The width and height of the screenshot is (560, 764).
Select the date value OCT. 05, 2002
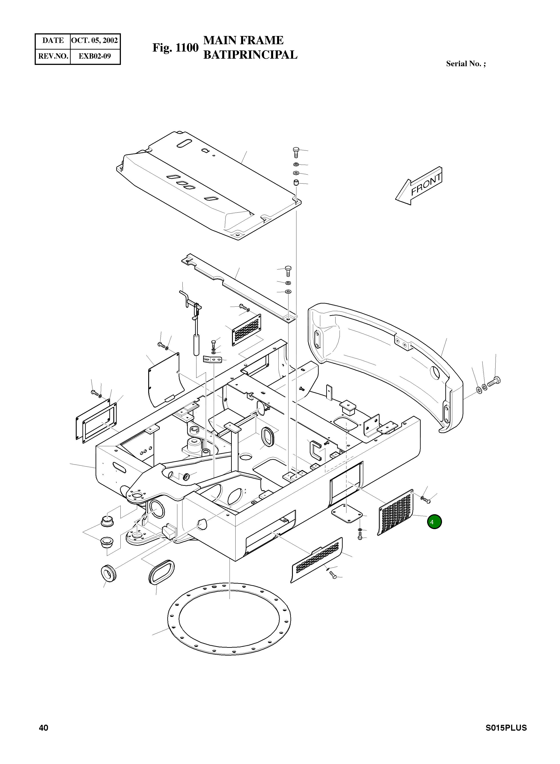[95, 41]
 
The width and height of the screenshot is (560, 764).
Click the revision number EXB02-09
[95, 56]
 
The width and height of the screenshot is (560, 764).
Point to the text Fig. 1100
[175, 48]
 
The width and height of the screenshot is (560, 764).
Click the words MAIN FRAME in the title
[243, 40]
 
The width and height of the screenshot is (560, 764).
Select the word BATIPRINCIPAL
[250, 55]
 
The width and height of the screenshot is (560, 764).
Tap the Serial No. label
[465, 64]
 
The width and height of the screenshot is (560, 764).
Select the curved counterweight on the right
[386, 366]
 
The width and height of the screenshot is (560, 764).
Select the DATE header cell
[53, 41]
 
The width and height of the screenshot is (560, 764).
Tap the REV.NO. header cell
[53, 56]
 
